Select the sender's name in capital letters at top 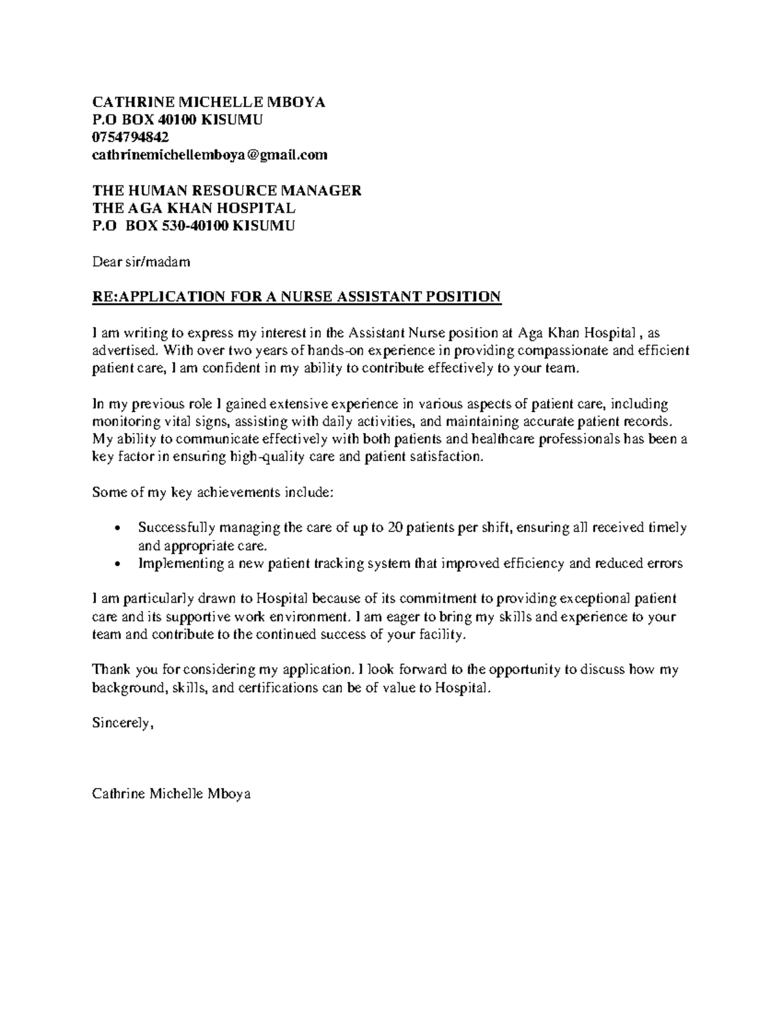coord(208,102)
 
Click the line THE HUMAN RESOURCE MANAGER coord(226,191)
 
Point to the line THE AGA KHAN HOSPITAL coord(194,208)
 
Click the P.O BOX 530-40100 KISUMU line coord(193,226)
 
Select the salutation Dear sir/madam coord(141,262)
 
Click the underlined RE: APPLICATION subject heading coord(296,297)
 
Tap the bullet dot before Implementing coord(117,564)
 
